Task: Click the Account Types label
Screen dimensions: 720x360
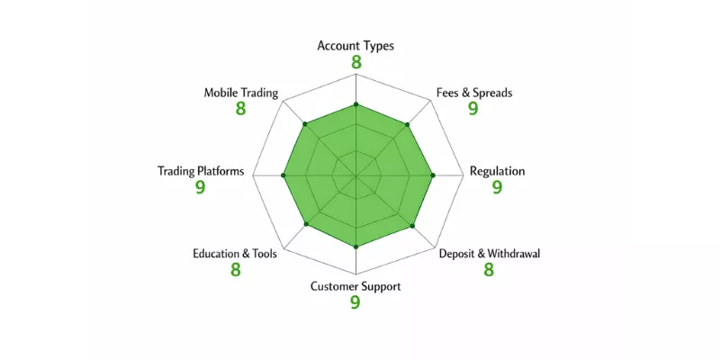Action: click(355, 47)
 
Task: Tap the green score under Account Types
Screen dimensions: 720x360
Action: click(356, 62)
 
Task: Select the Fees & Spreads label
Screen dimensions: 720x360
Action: click(474, 93)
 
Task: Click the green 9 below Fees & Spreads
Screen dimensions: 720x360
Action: click(473, 109)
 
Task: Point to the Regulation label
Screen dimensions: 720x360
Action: click(498, 171)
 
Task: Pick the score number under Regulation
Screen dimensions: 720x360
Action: click(498, 187)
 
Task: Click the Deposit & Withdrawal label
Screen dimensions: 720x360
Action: click(490, 254)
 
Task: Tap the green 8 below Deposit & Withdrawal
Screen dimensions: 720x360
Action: click(489, 269)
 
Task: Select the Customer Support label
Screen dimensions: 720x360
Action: click(355, 287)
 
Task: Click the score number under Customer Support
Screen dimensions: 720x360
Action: click(355, 302)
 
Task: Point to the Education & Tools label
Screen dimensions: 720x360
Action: click(235, 254)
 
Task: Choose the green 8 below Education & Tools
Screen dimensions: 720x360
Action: click(236, 269)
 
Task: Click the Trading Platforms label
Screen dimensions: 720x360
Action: click(201, 171)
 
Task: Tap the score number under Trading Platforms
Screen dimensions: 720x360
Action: click(200, 187)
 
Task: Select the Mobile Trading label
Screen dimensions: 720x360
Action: click(241, 94)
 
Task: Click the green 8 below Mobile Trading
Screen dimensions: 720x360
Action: click(240, 109)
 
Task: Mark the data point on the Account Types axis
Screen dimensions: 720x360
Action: click(355, 104)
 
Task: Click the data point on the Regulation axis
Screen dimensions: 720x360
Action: click(433, 175)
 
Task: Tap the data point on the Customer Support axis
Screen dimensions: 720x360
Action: click(355, 247)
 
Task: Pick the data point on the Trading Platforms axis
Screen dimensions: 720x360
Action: click(283, 175)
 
